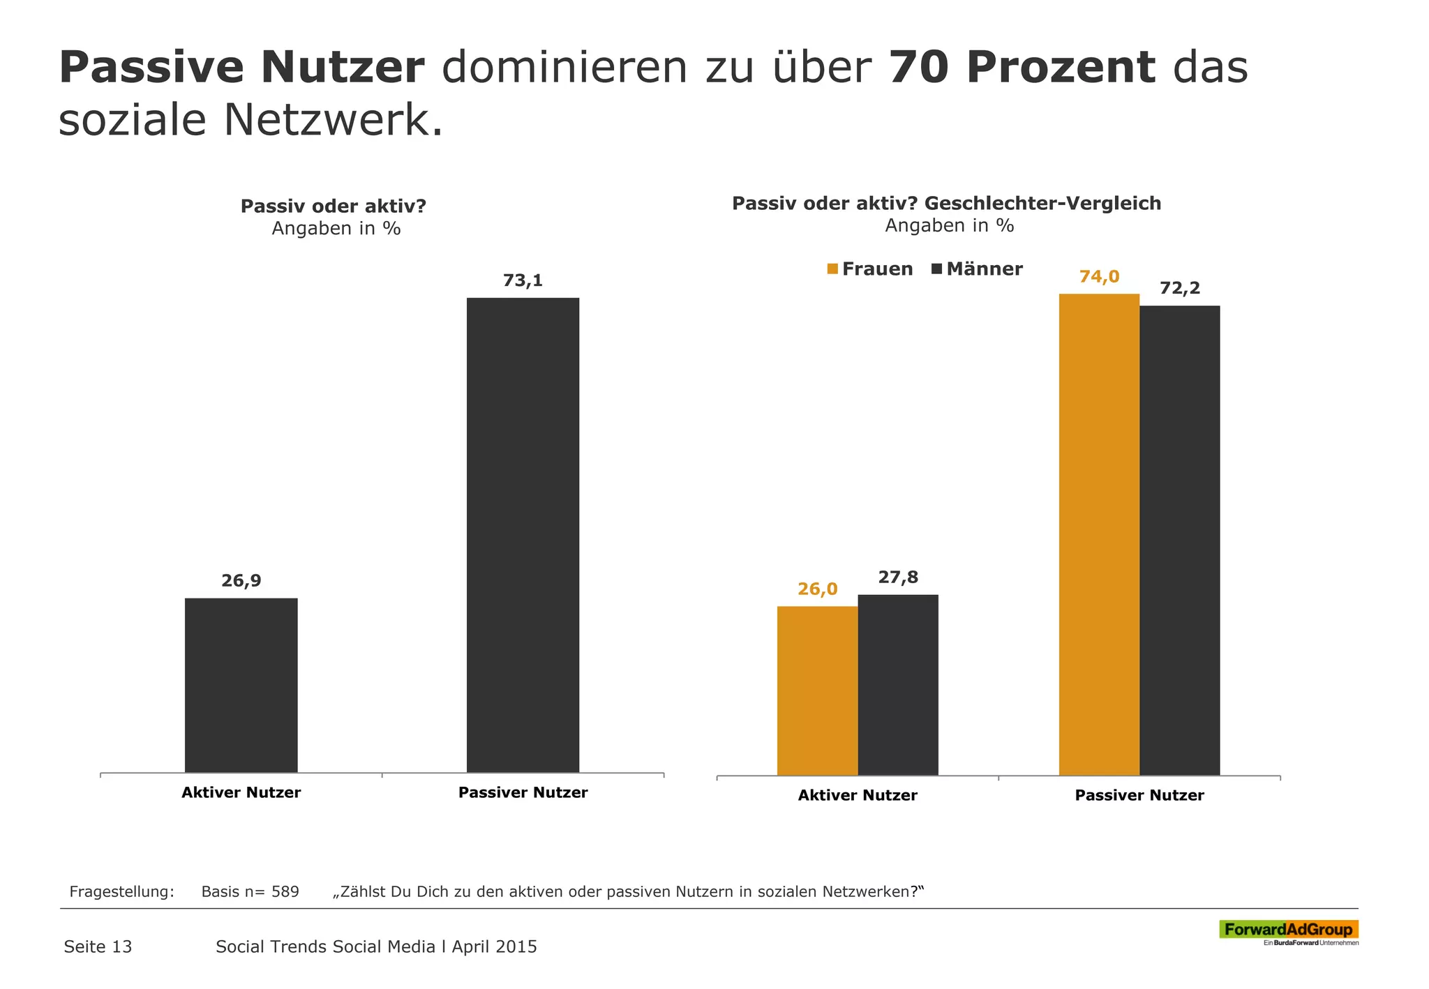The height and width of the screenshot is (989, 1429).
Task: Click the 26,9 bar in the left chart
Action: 241,685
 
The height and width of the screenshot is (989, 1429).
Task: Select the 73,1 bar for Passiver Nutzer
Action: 523,535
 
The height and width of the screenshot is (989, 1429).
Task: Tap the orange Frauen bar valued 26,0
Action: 817,690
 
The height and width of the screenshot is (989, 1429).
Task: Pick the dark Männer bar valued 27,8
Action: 897,685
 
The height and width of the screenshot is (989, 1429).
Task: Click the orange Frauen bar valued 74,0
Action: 1099,535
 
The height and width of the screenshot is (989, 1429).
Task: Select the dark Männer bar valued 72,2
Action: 1179,541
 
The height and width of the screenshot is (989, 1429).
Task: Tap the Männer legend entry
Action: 977,269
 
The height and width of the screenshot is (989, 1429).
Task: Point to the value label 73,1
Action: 523,281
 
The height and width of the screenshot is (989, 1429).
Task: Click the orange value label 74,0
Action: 1099,277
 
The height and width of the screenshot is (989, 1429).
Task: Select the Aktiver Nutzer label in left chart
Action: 241,792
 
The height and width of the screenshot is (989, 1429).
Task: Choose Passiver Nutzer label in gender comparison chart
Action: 1139,795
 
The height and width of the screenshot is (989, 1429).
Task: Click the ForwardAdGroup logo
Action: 1288,930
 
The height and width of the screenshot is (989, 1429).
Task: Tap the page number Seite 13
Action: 98,946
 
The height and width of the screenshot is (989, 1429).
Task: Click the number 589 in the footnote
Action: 285,891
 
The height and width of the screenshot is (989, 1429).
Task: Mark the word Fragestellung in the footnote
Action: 121,891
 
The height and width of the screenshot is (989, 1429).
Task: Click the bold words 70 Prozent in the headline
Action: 1022,68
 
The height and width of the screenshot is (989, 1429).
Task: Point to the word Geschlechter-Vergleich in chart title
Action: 1042,204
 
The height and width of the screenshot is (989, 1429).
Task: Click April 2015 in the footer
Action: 494,946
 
